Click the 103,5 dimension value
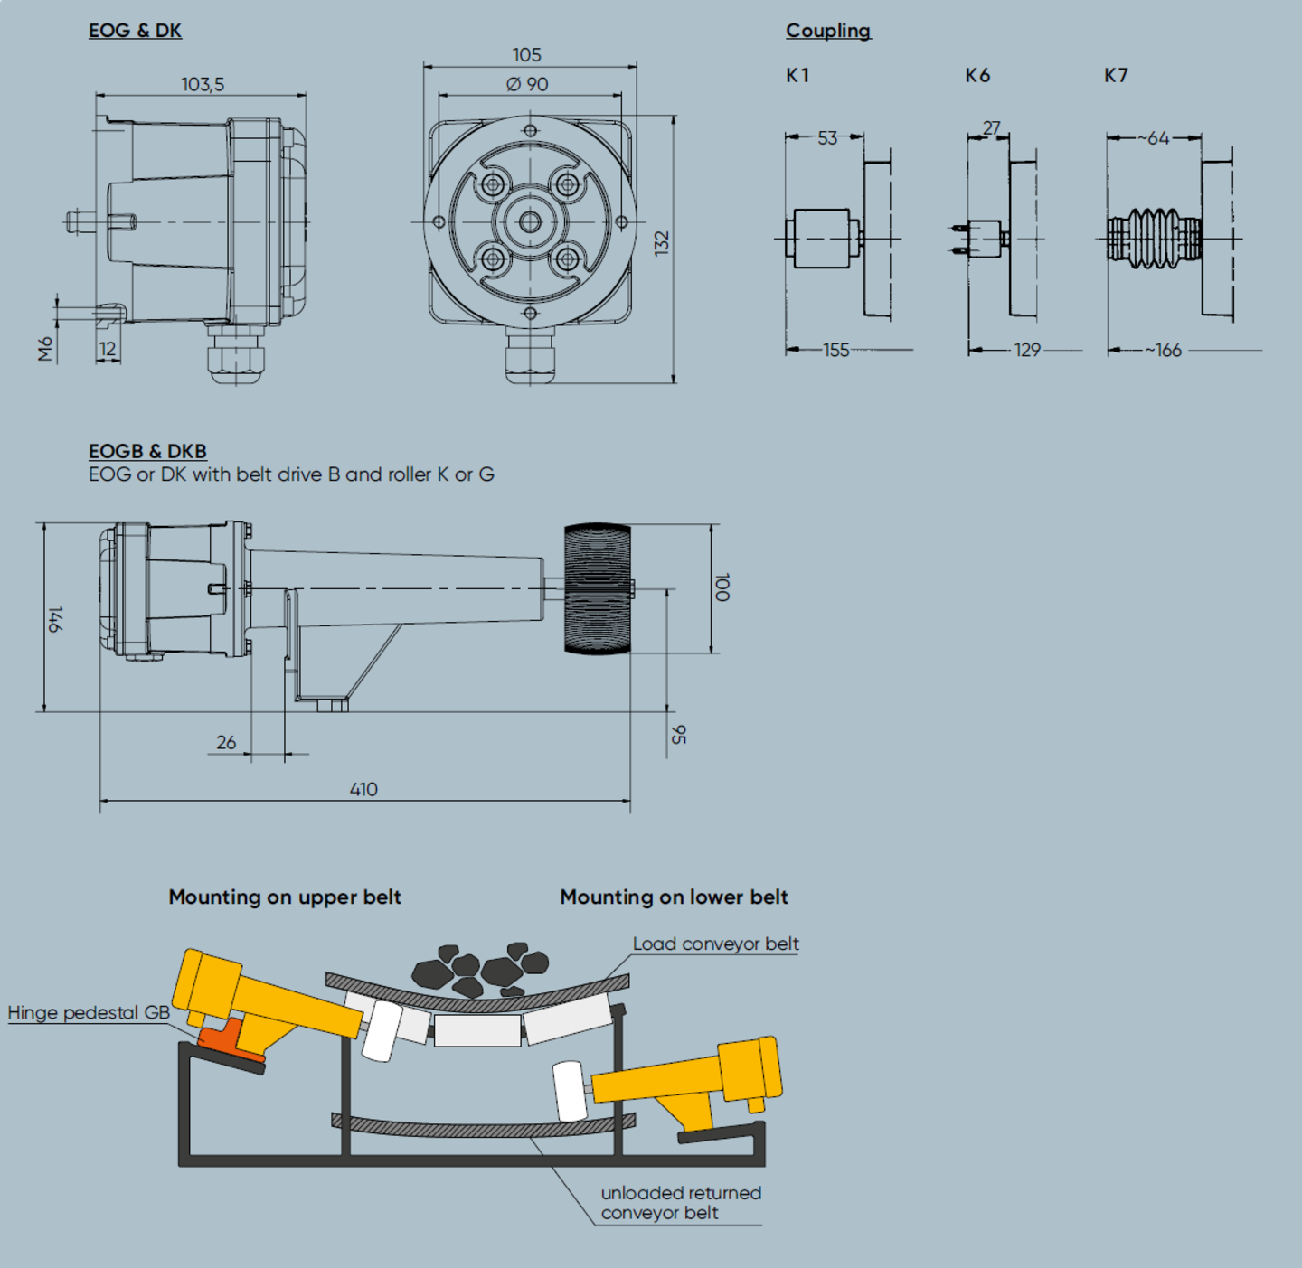pyautogui.click(x=203, y=85)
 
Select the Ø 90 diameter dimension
pyautogui.click(x=527, y=84)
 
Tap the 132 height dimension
pyautogui.click(x=662, y=243)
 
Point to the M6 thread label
pyautogui.click(x=45, y=349)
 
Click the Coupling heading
pyautogui.click(x=828, y=31)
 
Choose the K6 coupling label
pyautogui.click(x=977, y=76)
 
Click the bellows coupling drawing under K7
pyautogui.click(x=1154, y=238)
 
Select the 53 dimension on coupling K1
pyautogui.click(x=827, y=137)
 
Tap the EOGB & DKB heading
pyautogui.click(x=147, y=451)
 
